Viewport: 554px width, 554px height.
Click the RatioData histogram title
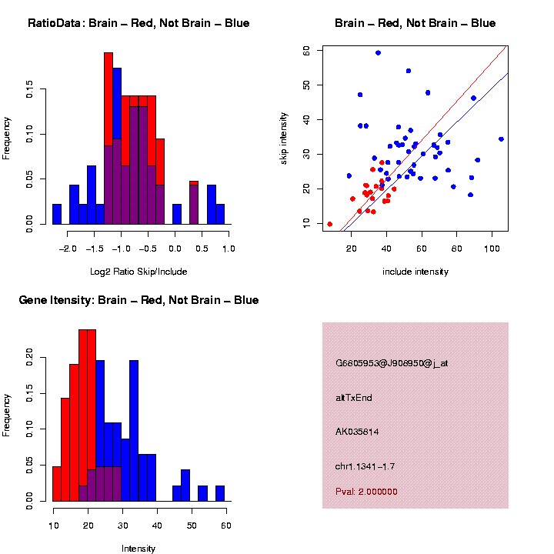pyautogui.click(x=138, y=23)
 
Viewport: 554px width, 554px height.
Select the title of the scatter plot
pyautogui.click(x=415, y=23)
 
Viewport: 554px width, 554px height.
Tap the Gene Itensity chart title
pyautogui.click(x=138, y=300)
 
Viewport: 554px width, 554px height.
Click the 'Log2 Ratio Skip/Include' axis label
pyautogui.click(x=138, y=272)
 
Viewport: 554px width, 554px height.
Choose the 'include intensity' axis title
pyautogui.click(x=415, y=272)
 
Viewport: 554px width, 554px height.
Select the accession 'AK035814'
pyautogui.click(x=358, y=432)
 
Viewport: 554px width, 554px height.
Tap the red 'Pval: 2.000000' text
pyautogui.click(x=366, y=491)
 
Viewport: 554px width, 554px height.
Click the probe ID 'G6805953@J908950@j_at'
pyautogui.click(x=391, y=363)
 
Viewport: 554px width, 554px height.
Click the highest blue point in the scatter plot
pyautogui.click(x=378, y=53)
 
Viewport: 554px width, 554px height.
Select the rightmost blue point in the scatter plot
pyautogui.click(x=501, y=139)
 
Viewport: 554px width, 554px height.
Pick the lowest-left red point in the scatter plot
pyautogui.click(x=330, y=224)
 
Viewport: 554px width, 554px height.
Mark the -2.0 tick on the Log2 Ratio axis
pyautogui.click(x=68, y=249)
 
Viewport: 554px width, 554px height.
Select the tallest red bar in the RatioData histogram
pyautogui.click(x=108, y=138)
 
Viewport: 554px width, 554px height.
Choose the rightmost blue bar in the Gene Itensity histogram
pyautogui.click(x=220, y=493)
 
